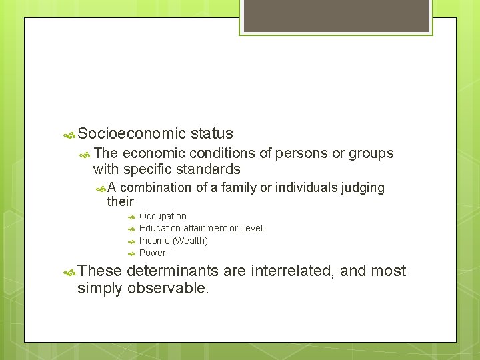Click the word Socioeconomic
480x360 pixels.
pyautogui.click(x=131, y=134)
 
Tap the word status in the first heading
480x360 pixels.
pyautogui.click(x=211, y=134)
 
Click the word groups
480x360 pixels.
pyautogui.click(x=371, y=153)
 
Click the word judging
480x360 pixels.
pyautogui.click(x=363, y=188)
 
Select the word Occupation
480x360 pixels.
pyautogui.click(x=163, y=216)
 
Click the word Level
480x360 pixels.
pyautogui.click(x=251, y=228)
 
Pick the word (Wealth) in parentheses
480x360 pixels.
pyautogui.click(x=190, y=241)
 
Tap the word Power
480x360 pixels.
pyautogui.click(x=153, y=253)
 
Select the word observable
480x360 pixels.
pyautogui.click(x=168, y=288)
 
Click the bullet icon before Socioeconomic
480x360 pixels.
pyautogui.click(x=69, y=135)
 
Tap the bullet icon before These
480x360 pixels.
pyautogui.click(x=69, y=271)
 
